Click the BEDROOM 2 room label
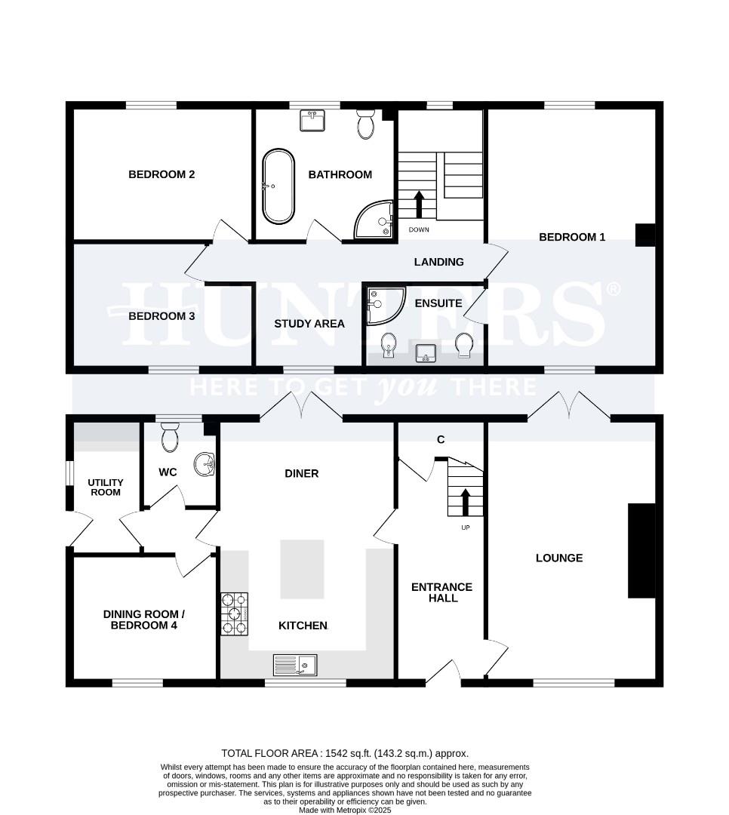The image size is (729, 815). click(161, 174)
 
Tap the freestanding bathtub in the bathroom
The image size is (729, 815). click(278, 186)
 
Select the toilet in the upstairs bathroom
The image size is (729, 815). click(366, 124)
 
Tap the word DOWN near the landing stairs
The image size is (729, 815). click(420, 229)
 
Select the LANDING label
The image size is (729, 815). click(438, 262)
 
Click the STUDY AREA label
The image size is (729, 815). click(309, 324)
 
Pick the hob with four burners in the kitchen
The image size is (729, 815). click(235, 614)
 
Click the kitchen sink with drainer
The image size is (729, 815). click(296, 665)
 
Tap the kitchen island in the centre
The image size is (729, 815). click(303, 569)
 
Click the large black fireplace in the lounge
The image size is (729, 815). click(641, 551)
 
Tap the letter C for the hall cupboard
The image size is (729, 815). click(439, 440)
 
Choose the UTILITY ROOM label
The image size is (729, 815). click(105, 487)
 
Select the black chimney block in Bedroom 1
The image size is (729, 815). click(645, 235)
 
